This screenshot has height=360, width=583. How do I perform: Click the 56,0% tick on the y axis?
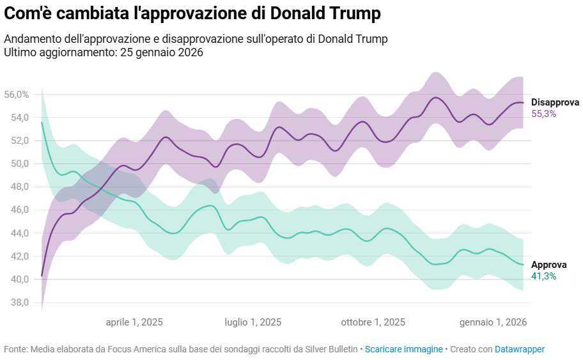click(x=17, y=95)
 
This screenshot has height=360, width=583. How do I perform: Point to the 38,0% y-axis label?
click(x=17, y=302)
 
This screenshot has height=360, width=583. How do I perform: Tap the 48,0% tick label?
click(x=17, y=187)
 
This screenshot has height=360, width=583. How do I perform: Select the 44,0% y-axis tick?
click(x=17, y=233)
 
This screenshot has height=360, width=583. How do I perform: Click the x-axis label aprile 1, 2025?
click(x=134, y=322)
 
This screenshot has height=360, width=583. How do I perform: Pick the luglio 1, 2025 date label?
click(x=253, y=322)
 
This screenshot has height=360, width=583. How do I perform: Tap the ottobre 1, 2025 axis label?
click(x=373, y=322)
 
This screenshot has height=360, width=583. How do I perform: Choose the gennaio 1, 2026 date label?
click(x=493, y=322)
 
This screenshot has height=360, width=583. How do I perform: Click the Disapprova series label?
click(x=555, y=102)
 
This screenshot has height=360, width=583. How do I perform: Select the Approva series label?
click(x=548, y=265)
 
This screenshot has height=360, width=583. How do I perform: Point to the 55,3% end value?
click(x=543, y=114)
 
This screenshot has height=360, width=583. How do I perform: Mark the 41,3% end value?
click(x=543, y=276)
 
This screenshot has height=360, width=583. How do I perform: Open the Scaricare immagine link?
click(x=403, y=349)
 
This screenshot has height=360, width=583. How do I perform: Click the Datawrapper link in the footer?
click(x=519, y=349)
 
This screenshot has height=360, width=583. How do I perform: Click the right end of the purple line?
click(x=524, y=102)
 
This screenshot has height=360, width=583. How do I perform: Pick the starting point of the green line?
click(x=42, y=122)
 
